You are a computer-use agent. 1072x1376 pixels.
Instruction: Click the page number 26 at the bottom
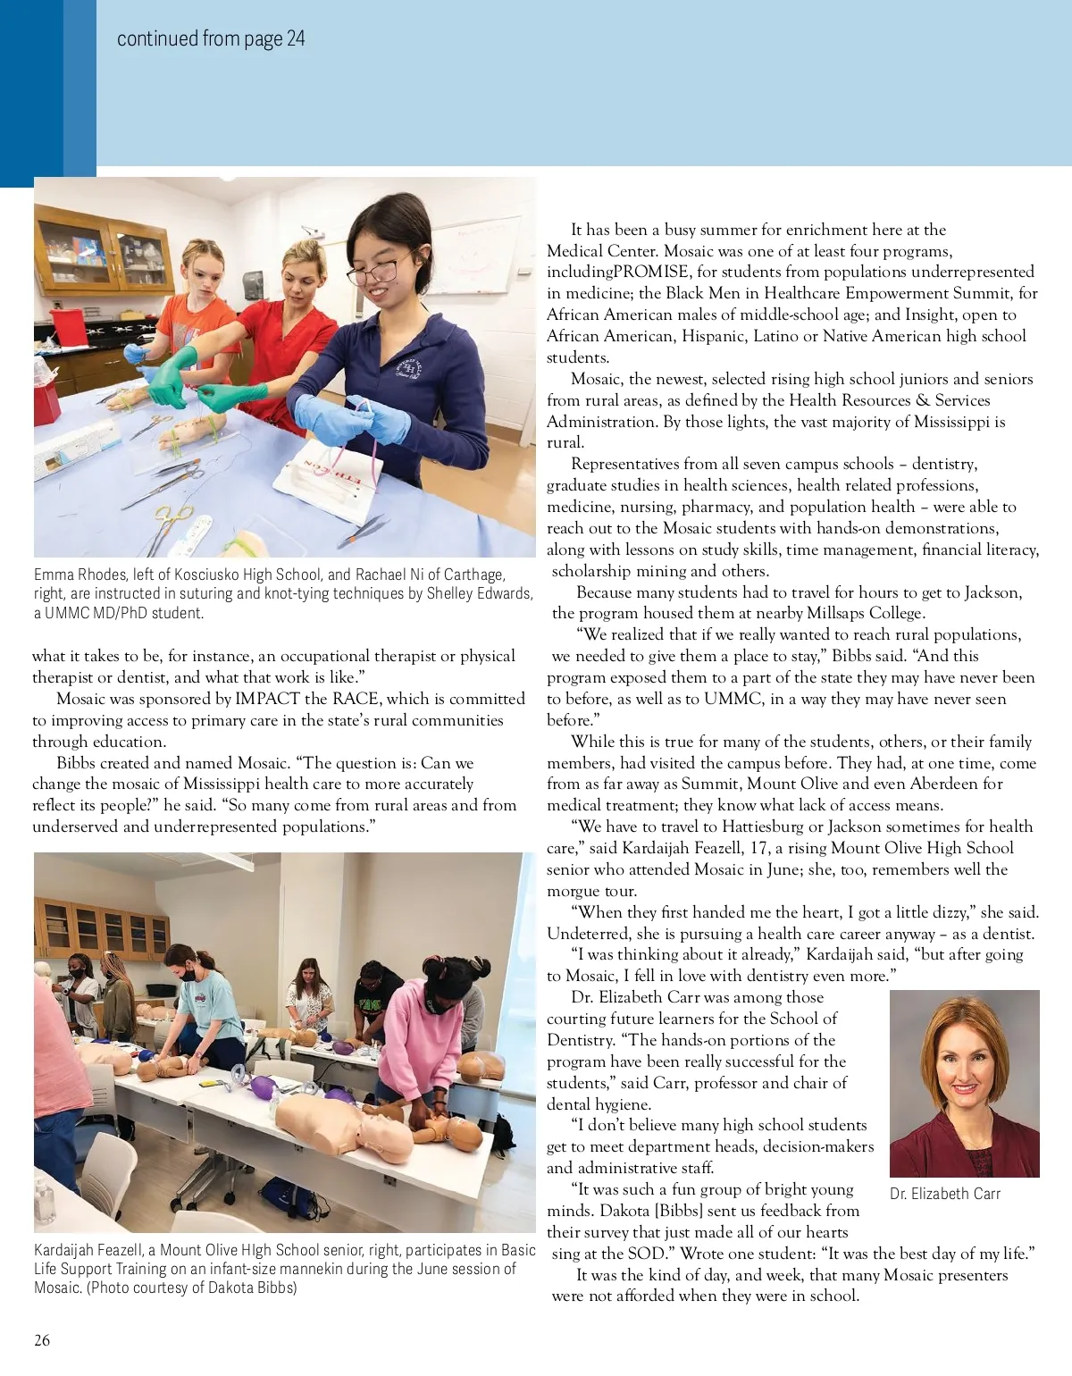point(42,1339)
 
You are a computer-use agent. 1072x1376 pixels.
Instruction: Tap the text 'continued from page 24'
point(211,38)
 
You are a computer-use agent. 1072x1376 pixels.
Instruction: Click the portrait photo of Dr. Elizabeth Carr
point(964,1083)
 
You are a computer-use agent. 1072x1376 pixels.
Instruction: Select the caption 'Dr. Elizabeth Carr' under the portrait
point(944,1194)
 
